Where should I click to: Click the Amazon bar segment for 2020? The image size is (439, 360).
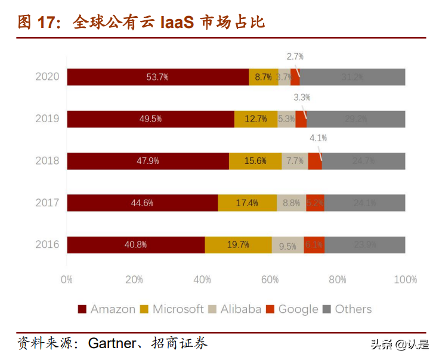(157, 77)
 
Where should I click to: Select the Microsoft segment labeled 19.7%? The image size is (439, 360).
(238, 245)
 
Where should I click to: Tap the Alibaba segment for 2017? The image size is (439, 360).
(291, 203)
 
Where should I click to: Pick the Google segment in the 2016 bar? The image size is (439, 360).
(314, 245)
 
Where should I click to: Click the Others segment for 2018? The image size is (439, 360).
(363, 161)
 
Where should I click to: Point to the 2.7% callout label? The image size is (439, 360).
(295, 57)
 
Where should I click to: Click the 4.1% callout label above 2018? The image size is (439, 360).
(318, 138)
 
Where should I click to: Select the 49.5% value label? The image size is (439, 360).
(150, 119)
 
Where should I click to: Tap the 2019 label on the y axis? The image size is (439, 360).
(47, 119)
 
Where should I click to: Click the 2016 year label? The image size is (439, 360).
(47, 244)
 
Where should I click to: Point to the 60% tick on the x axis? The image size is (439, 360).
(270, 280)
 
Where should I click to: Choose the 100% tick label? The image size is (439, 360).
(406, 280)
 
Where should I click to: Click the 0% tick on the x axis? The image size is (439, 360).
(67, 280)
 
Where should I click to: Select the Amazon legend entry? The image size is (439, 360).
(107, 309)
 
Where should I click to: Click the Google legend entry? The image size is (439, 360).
(292, 309)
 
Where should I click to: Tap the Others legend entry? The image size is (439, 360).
(347, 309)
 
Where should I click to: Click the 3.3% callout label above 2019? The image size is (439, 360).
(302, 97)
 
